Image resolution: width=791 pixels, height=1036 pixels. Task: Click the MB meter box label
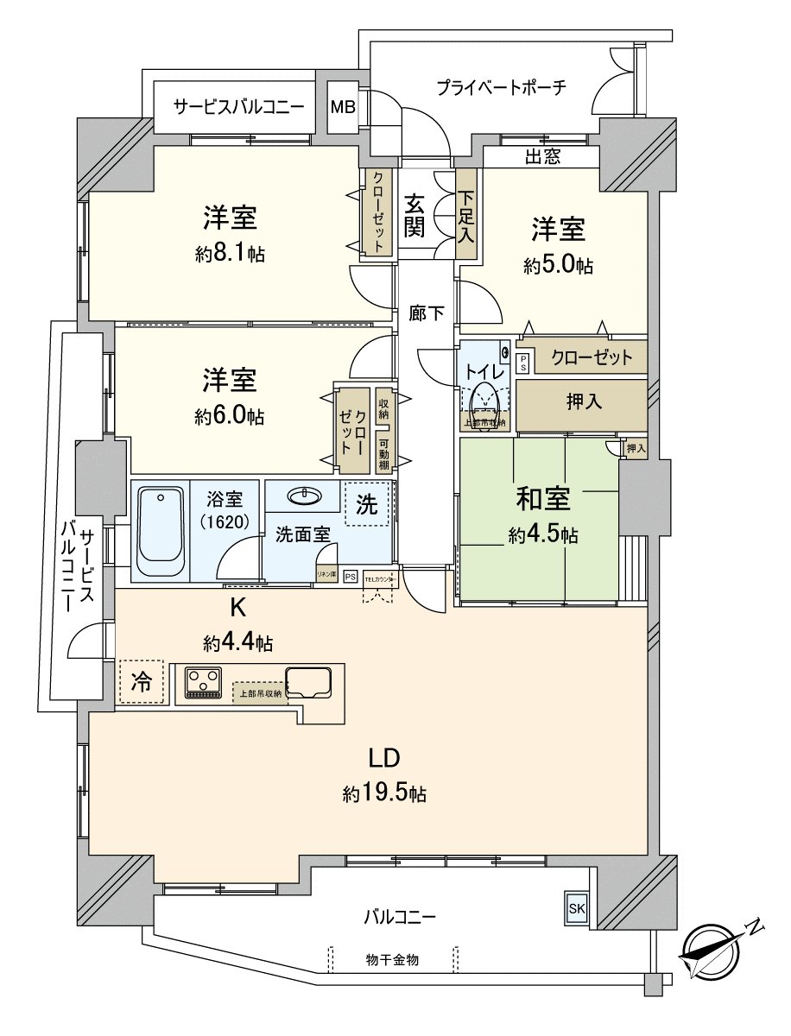tap(343, 108)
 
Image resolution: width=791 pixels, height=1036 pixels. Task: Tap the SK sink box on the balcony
tap(576, 907)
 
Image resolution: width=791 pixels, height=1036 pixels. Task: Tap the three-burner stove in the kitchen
tap(205, 681)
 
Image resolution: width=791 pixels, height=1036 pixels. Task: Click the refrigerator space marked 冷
tap(141, 681)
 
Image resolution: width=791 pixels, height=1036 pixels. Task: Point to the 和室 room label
tap(543, 500)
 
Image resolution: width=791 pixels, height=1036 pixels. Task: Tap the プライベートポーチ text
tap(501, 87)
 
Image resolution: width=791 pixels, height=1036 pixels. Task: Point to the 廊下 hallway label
tap(427, 314)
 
